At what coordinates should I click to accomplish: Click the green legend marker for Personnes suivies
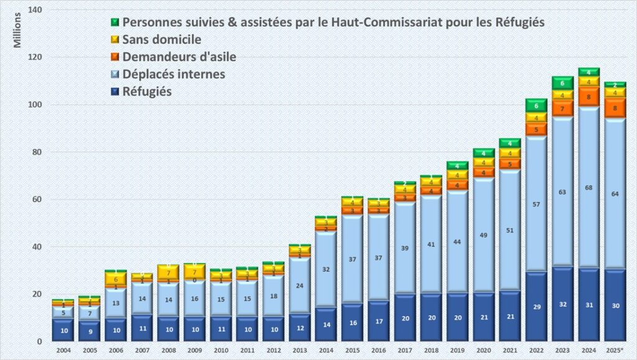[115, 22]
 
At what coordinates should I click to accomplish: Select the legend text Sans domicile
[162, 39]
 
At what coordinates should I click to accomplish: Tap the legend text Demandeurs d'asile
[179, 57]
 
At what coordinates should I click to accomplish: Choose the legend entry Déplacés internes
[174, 74]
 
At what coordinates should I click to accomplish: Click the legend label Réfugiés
[147, 91]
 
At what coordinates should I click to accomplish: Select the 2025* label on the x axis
[615, 350]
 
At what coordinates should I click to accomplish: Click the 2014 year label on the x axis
[325, 350]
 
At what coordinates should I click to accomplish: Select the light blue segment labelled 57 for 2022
[536, 204]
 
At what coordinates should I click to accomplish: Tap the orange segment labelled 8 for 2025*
[615, 108]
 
